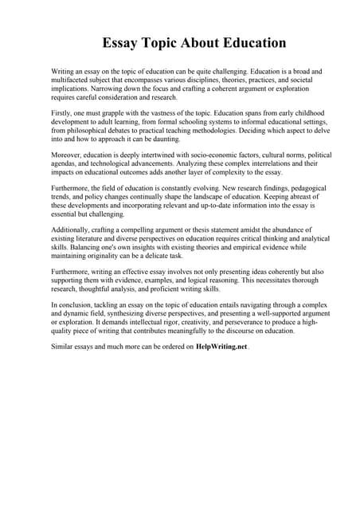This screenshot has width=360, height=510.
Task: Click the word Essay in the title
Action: (x=121, y=42)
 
